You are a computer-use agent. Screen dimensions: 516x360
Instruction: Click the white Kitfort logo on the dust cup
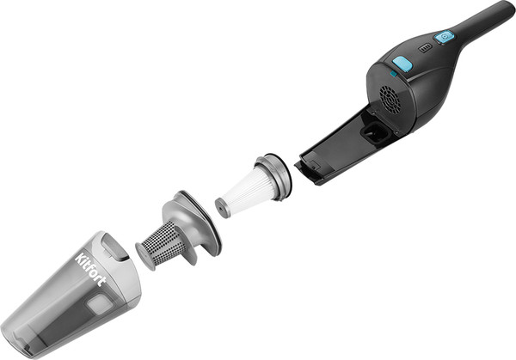click(91, 270)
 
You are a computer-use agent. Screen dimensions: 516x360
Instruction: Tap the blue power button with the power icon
click(445, 37)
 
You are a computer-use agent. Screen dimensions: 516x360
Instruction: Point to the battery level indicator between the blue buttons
click(425, 48)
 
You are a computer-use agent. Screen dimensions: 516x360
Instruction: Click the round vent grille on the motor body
click(390, 100)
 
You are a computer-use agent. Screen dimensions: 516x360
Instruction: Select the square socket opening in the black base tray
click(375, 132)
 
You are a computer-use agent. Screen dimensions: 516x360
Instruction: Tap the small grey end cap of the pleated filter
click(222, 208)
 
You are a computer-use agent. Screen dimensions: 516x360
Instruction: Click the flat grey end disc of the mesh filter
click(144, 256)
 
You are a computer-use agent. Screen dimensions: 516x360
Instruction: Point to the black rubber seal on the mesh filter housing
click(205, 217)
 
